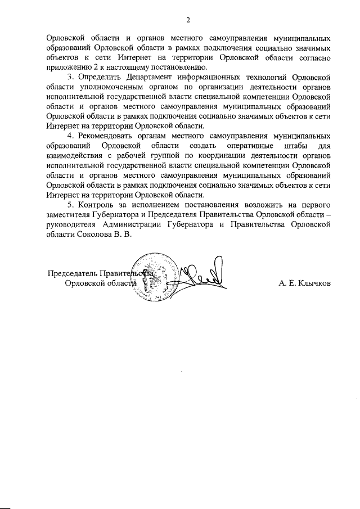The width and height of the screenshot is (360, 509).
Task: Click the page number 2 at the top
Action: (188, 21)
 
